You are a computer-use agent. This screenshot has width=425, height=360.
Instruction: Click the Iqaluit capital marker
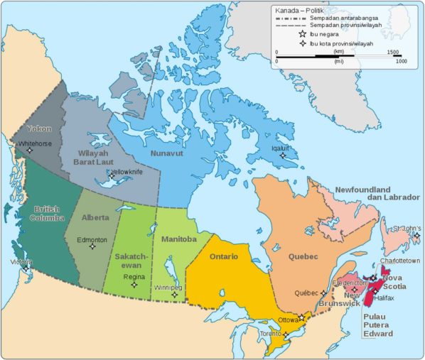click(x=283, y=156)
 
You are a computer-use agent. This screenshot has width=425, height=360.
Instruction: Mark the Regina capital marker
click(x=134, y=285)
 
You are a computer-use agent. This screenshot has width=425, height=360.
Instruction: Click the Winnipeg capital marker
click(x=174, y=294)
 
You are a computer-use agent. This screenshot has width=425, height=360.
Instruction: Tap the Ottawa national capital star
click(x=301, y=317)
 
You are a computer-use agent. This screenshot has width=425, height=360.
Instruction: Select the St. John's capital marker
click(x=416, y=236)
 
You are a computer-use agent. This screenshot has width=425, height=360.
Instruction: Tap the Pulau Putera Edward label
click(x=377, y=325)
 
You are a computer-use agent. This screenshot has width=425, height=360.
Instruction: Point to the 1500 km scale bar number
click(x=392, y=52)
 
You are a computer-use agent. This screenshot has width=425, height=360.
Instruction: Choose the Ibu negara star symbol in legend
click(x=303, y=33)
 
